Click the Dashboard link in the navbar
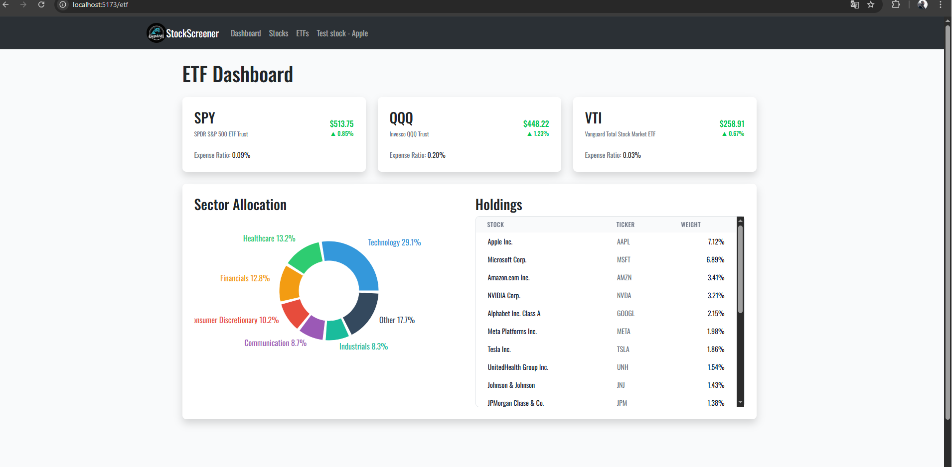246,33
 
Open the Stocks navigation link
278,33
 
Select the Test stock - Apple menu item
342,33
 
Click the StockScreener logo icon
156,33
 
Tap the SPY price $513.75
341,123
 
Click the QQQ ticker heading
401,118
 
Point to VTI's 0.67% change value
733,133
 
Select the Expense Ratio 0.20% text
417,155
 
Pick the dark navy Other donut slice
361,313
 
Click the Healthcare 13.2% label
269,238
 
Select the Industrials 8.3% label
363,347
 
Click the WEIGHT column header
691,225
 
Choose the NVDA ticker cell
624,296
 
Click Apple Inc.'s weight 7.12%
716,242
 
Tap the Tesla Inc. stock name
499,350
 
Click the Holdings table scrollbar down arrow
740,402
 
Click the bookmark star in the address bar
871,4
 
